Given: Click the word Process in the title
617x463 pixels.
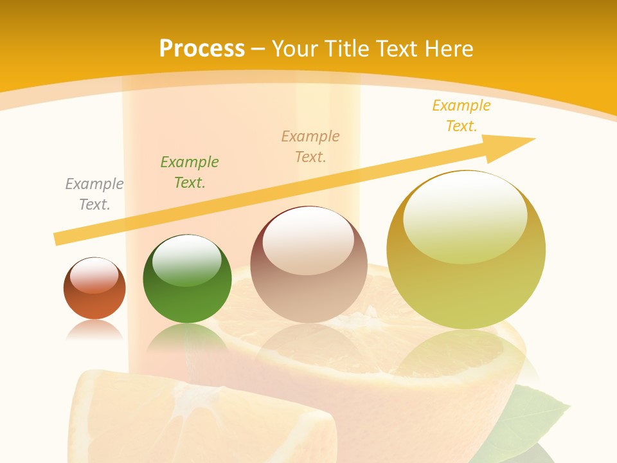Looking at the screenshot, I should pos(202,49).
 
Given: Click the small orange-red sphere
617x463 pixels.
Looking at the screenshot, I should pos(94,296).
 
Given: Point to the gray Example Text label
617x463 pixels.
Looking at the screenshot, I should pos(94,194).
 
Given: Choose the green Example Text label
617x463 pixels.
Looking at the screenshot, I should pos(190,172).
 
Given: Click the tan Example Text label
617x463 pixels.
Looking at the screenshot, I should pos(310,147).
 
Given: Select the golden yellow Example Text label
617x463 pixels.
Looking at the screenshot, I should pos(461,116).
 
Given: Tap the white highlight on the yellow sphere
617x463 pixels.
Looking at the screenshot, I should pos(465,215).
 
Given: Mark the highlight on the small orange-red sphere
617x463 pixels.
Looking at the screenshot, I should pos(94,275).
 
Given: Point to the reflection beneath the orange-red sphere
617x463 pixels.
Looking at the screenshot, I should pos(94,331).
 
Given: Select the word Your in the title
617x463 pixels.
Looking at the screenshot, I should pos(293,49).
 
